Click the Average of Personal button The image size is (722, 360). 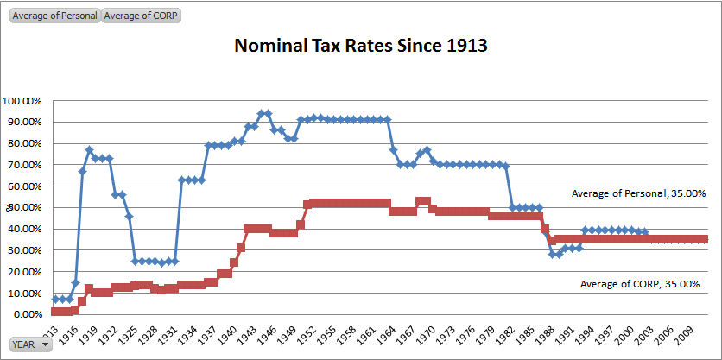pos(54,16)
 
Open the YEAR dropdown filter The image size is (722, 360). pos(31,344)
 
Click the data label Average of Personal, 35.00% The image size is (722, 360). pos(638,194)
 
